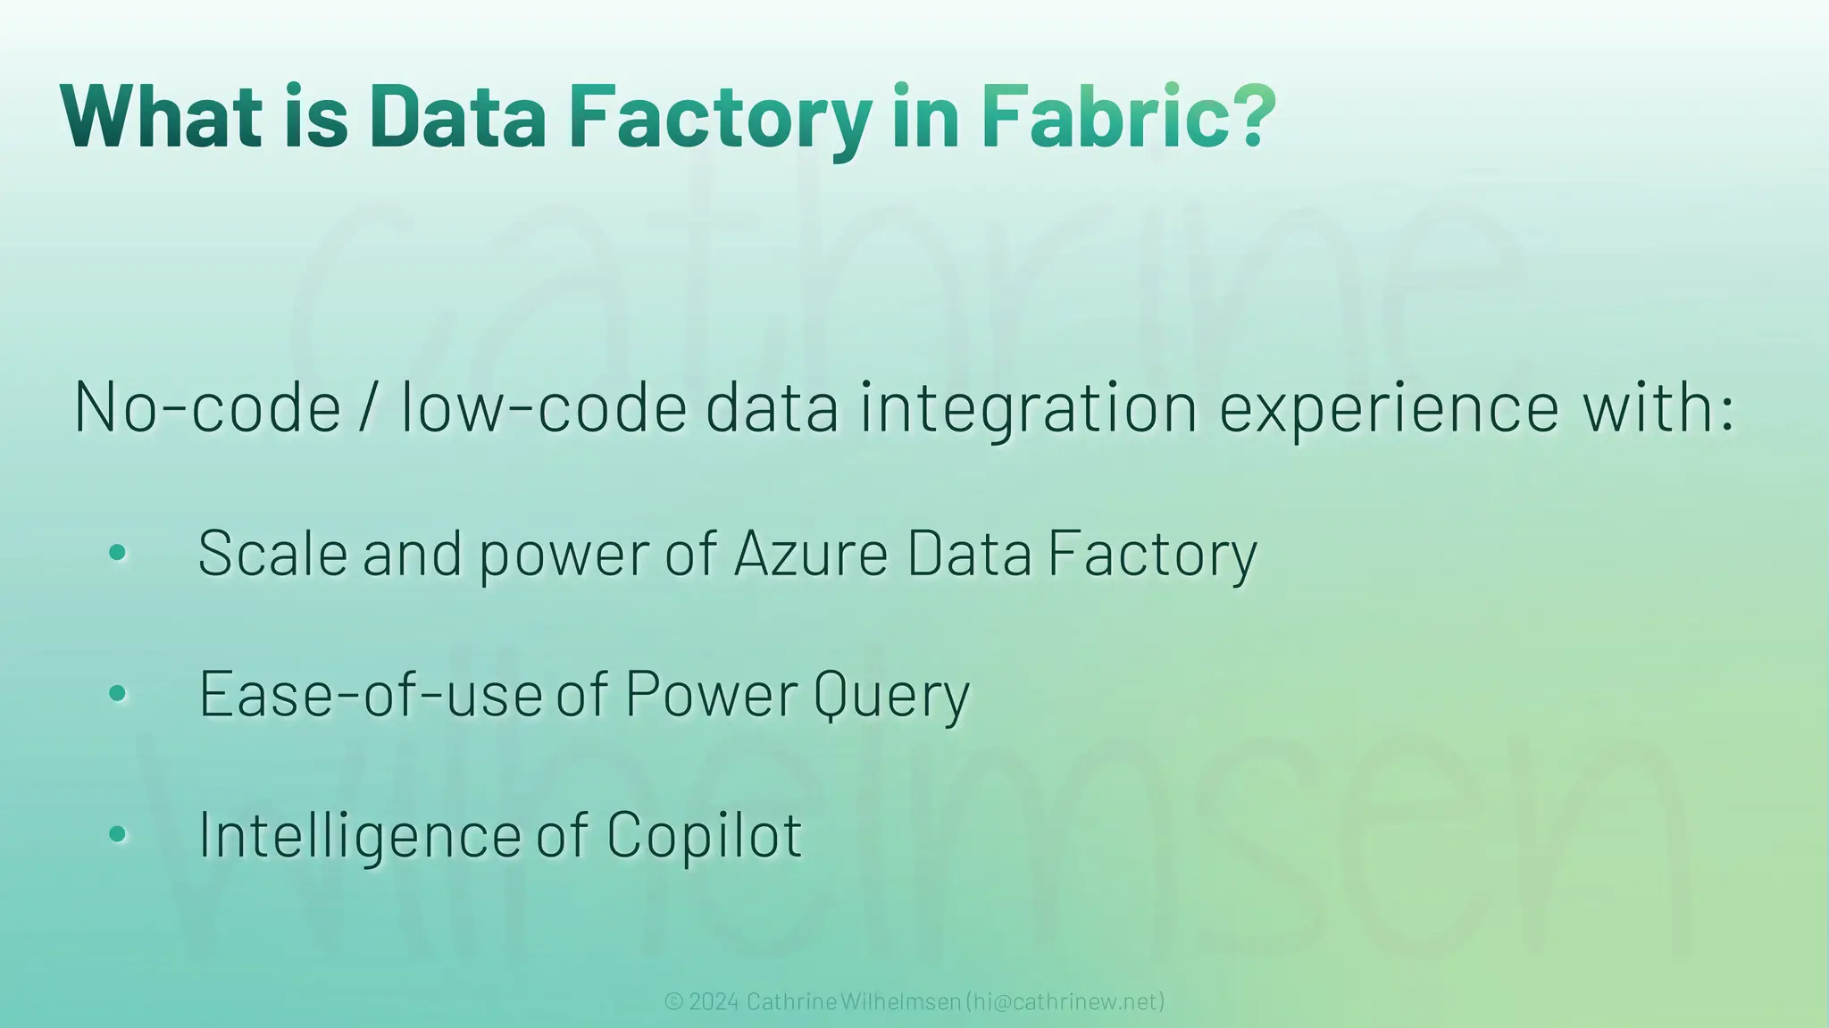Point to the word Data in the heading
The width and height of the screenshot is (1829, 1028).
(x=457, y=116)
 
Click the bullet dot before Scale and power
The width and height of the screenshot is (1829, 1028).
(x=117, y=554)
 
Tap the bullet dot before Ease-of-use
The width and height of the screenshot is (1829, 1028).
(x=117, y=694)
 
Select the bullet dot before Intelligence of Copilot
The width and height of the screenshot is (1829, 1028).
(x=117, y=835)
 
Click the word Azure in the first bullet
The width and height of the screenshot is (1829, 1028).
(x=811, y=554)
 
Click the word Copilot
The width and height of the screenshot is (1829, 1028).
(x=704, y=836)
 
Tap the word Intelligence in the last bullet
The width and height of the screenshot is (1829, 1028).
(x=359, y=836)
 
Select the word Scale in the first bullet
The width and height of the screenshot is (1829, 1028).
(x=272, y=554)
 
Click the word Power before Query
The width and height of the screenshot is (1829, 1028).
(x=711, y=694)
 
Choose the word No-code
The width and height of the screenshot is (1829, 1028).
(x=207, y=407)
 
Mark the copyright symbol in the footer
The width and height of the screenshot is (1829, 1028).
(x=673, y=1001)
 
